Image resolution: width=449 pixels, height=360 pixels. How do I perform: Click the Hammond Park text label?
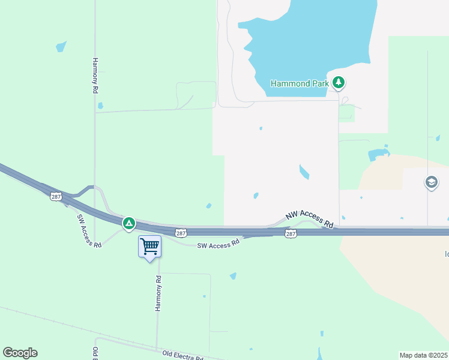tap(300, 84)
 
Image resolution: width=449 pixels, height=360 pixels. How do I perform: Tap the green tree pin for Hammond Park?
tap(339, 83)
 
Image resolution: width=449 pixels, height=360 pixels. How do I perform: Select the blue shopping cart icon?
tap(149, 246)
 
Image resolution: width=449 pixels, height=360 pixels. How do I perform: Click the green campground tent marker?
tap(128, 224)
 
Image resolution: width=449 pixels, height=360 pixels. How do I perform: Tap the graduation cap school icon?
tap(431, 182)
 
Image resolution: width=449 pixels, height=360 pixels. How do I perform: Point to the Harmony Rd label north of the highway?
tap(95, 75)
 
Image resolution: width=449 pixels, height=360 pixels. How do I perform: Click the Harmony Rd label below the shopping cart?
tap(158, 293)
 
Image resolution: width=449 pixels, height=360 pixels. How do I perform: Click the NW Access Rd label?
tap(309, 220)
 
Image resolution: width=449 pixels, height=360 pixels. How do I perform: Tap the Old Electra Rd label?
tap(182, 355)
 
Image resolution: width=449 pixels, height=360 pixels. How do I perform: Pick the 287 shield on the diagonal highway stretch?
tap(56, 197)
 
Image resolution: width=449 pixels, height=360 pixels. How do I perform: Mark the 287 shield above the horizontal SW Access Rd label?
tap(181, 233)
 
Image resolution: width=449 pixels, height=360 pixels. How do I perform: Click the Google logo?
tap(20, 353)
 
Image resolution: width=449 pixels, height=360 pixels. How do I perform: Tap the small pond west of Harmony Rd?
tap(61, 46)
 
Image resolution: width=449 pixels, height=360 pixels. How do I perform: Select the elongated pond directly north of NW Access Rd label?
tap(304, 172)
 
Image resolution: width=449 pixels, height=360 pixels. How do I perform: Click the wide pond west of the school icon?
tap(377, 154)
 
